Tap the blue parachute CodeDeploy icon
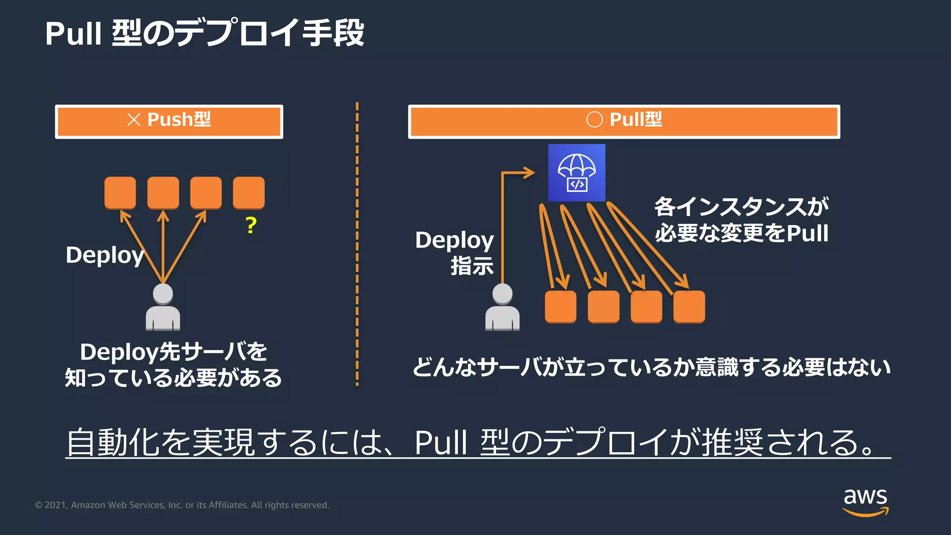pos(577,173)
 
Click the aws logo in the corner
pos(865,502)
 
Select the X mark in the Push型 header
pos(134,120)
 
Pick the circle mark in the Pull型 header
pos(594,119)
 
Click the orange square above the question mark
pos(249,193)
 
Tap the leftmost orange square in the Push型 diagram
pos(120,193)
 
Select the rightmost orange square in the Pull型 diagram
pos(689,307)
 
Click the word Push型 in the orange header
pos(179,119)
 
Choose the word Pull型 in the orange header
pos(636,119)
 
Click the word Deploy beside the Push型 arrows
pos(104,255)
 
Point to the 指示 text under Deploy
pos(472,266)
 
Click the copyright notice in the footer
pos(182,505)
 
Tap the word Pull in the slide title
pos(73,33)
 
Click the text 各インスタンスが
pos(742,207)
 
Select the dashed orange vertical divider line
pos(357,244)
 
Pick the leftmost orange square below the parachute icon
pos(560,307)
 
